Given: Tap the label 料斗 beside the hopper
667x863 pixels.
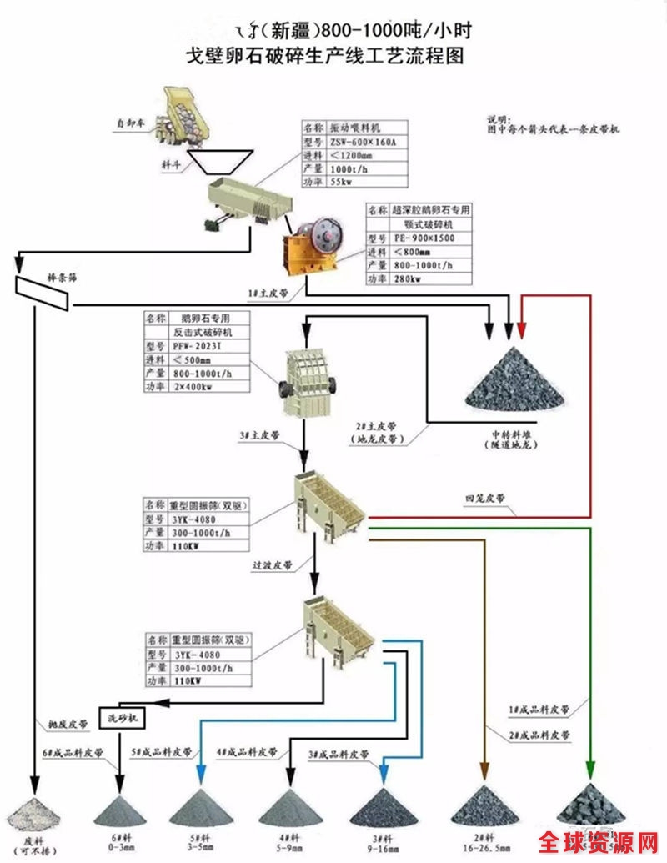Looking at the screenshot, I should click(173, 165).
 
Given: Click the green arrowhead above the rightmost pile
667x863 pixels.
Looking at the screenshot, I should click(591, 770).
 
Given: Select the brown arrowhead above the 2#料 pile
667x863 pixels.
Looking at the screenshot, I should click(484, 770).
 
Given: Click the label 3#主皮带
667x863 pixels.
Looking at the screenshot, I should click(259, 435).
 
